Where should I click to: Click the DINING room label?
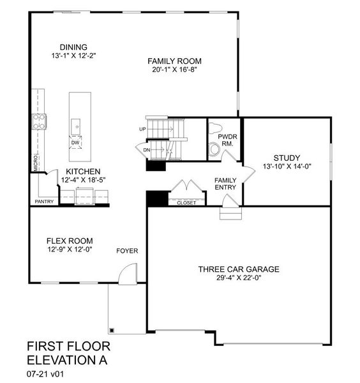click(73, 47)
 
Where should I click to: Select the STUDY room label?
click(286, 158)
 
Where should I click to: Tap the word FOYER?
click(127, 250)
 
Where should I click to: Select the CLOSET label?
click(186, 202)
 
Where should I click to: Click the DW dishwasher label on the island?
click(75, 143)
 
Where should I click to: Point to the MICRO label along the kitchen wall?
click(36, 162)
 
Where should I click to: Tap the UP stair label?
click(142, 130)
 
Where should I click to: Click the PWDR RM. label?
click(227, 140)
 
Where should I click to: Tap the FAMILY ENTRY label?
click(225, 184)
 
